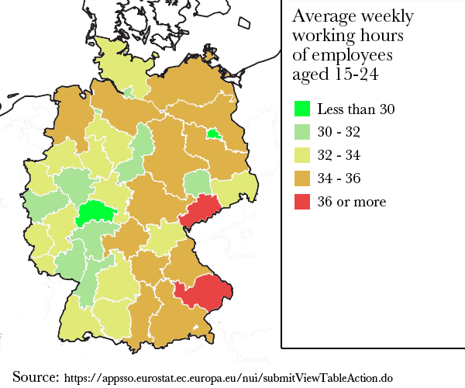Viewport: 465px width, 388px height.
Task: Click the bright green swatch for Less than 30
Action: [x=303, y=109]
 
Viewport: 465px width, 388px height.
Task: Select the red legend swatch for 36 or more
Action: [x=303, y=203]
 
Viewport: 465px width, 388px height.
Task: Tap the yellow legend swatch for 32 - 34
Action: [x=303, y=156]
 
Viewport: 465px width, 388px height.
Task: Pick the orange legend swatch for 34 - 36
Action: [x=303, y=179]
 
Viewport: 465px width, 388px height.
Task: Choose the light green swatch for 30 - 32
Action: [x=303, y=133]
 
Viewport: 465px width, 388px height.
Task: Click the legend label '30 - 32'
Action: [x=339, y=133]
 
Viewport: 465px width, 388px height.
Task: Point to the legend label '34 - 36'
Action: [x=339, y=179]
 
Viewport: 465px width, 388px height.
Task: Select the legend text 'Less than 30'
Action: [x=356, y=109]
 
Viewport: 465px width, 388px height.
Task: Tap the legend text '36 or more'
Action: [x=351, y=203]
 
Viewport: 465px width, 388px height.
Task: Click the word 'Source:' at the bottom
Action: [x=36, y=377]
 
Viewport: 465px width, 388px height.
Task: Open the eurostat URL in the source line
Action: [x=229, y=379]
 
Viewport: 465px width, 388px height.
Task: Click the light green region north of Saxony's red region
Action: [x=198, y=183]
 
